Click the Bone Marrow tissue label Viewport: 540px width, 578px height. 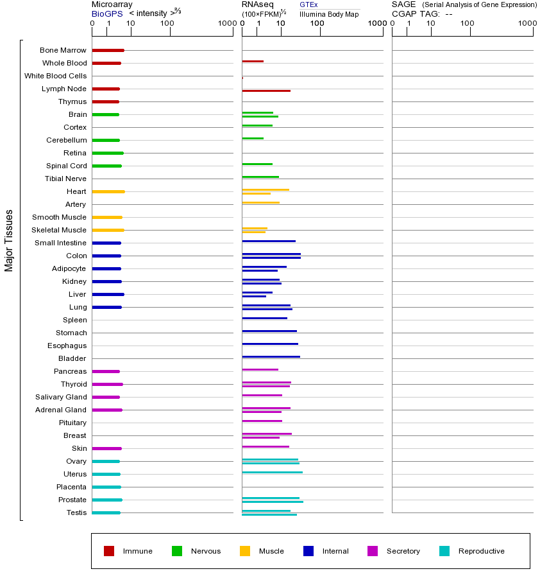coord(63,50)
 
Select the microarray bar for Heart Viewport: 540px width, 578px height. coord(108,191)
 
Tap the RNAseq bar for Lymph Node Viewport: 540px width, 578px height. coord(266,91)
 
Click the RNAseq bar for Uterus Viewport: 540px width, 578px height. coord(272,472)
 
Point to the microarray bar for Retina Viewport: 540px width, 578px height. coord(108,153)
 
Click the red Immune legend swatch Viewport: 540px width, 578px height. coord(109,551)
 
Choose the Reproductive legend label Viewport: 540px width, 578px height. coord(481,551)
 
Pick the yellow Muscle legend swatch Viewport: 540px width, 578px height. coord(245,551)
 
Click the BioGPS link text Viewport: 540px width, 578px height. coord(107,13)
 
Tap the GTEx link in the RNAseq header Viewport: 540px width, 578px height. coord(308,4)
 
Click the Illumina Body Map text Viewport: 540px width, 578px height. coord(329,14)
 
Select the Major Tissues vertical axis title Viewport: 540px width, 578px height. coord(9,240)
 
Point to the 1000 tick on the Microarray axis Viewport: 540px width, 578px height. coord(226,24)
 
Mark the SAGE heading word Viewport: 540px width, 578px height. coord(403,4)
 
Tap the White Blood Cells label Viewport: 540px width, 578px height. coord(55,76)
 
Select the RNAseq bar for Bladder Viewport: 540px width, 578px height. coord(271,356)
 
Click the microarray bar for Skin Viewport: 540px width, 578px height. coord(106,448)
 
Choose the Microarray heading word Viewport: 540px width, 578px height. coord(112,4)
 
